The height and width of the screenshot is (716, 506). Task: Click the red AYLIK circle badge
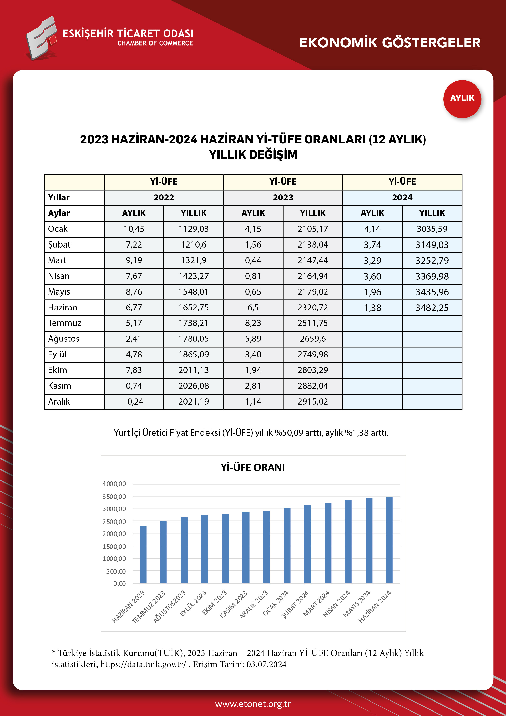click(462, 99)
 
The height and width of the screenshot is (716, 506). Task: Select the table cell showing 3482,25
click(432, 308)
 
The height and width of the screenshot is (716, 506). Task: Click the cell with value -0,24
click(134, 402)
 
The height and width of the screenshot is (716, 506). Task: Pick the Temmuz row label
click(64, 323)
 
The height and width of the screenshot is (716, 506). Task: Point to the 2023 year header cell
click(283, 197)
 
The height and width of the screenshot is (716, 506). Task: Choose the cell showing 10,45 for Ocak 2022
click(134, 229)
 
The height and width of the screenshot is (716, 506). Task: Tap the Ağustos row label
click(64, 339)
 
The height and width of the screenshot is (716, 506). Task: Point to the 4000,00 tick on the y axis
click(114, 484)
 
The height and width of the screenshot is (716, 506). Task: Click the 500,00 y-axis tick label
click(116, 571)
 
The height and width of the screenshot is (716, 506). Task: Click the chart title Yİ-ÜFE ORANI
click(253, 467)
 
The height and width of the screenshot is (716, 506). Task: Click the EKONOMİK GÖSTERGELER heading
click(390, 43)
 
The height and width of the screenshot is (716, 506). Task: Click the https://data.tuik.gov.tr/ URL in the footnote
click(143, 664)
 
